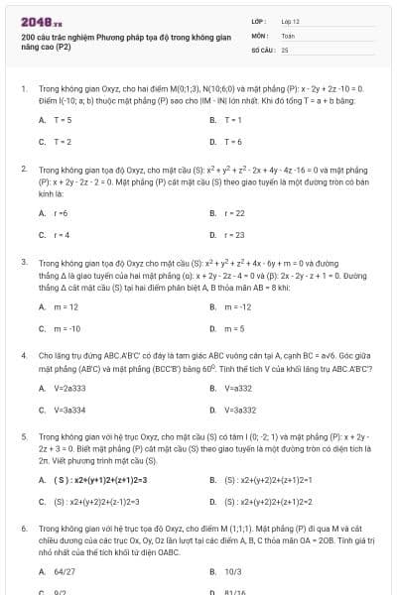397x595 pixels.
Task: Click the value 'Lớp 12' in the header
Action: [290, 21]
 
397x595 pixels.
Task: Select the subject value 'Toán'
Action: [288, 35]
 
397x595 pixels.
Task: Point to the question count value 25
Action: [285, 49]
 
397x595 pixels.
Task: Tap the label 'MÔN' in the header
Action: [258, 35]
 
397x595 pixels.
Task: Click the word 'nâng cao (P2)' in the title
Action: [46, 47]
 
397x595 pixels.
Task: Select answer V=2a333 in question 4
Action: [70, 387]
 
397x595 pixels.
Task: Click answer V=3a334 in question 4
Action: [70, 410]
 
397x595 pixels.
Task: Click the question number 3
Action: [23, 262]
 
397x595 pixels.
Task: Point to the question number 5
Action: [23, 435]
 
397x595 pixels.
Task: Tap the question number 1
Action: [23, 87]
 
